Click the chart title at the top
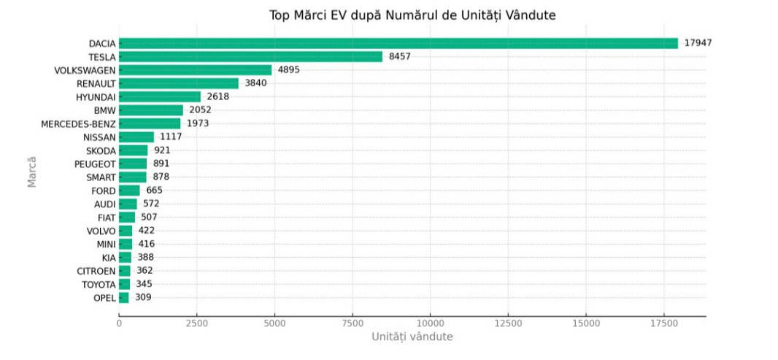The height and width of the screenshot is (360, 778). (412, 15)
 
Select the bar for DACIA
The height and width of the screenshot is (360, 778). (398, 43)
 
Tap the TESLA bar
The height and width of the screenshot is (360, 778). (250, 56)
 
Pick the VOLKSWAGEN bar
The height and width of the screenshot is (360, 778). (195, 70)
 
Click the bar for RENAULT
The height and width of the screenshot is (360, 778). (179, 83)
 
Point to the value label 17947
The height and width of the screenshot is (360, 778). (698, 43)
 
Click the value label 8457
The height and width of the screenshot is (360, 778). (400, 56)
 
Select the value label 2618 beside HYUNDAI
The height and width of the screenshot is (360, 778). (218, 96)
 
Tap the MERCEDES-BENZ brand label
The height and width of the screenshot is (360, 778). (78, 123)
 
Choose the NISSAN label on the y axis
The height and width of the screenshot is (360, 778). (99, 137)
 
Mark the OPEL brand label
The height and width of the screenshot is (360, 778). (104, 298)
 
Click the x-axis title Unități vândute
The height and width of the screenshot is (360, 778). (412, 337)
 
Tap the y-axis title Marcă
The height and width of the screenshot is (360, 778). (31, 171)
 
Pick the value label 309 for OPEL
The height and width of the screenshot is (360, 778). (143, 297)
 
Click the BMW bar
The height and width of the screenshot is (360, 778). (151, 110)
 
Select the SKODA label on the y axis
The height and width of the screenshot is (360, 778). (101, 150)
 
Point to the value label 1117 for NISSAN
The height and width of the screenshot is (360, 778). (172, 137)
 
